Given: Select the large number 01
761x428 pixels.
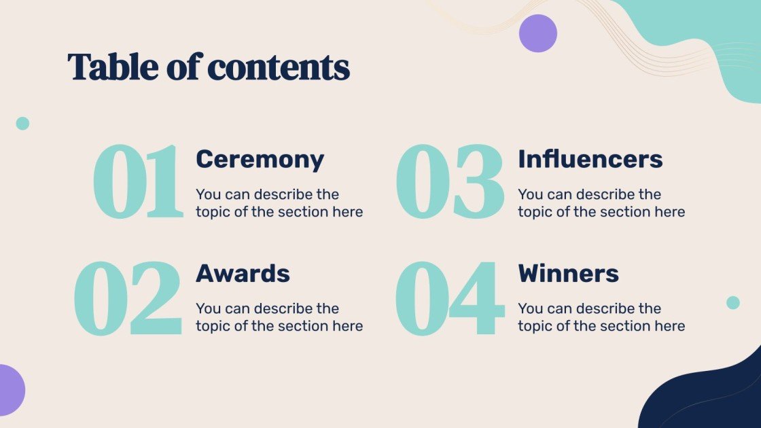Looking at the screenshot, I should (x=138, y=181).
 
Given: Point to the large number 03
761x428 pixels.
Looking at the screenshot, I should (x=449, y=181).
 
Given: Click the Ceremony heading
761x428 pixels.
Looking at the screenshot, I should (x=260, y=160).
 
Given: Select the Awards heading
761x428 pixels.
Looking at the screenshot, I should (x=243, y=274).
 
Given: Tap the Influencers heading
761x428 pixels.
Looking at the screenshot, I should (x=590, y=160).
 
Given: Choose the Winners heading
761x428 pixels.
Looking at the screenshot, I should (x=568, y=274).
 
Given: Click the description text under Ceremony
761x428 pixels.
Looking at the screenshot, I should (x=279, y=203).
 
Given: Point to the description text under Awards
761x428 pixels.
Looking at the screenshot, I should (x=279, y=317).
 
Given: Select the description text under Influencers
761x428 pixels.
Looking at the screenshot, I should (x=601, y=203).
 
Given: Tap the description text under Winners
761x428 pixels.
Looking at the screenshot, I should (x=601, y=317).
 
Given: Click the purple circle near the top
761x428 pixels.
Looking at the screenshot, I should (x=537, y=33).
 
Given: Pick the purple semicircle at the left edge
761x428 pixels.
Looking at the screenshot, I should (x=10, y=390).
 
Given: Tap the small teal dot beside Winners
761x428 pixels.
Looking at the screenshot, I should (x=732, y=303).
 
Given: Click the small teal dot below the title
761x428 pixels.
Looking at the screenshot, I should (x=22, y=123).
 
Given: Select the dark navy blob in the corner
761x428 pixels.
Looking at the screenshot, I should (x=713, y=397).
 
